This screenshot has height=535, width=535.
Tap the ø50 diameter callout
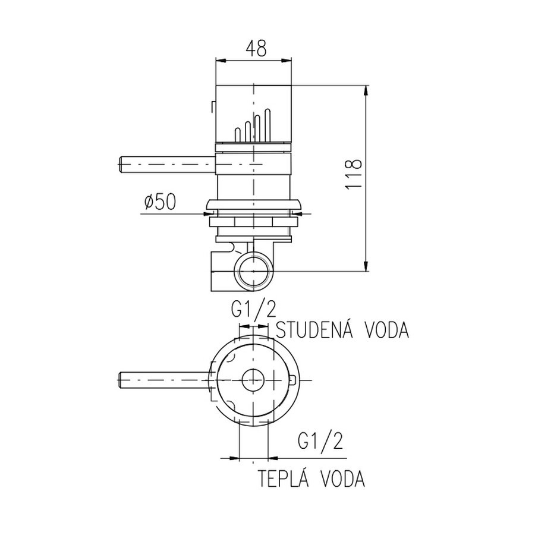point(159,203)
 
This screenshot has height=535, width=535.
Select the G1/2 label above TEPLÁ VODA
point(320,442)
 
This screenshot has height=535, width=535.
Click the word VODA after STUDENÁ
point(385,330)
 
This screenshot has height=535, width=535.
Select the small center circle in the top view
point(254,379)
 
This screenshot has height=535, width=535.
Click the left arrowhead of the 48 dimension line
point(218,59)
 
